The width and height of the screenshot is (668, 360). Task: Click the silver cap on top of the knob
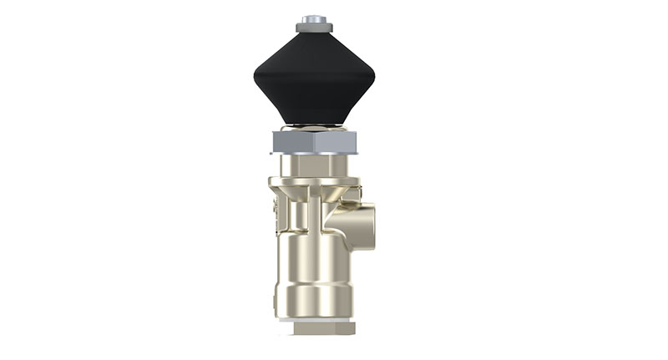point(315,18)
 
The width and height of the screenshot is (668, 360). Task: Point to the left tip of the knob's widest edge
point(255,79)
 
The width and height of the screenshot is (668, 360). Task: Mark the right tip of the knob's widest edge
point(375,79)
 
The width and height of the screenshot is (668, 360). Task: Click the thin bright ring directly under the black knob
point(315,128)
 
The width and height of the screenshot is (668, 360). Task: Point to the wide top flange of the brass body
point(315,181)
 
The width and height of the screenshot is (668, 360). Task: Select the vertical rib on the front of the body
point(313,213)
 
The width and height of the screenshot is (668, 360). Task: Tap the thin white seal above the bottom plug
point(315,319)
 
